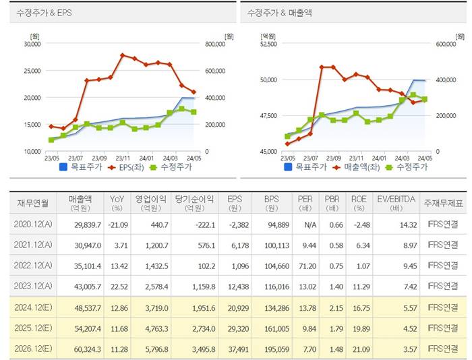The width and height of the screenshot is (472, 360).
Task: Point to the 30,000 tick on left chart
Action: [x=32, y=44]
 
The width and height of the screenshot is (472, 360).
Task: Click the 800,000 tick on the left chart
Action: [x=218, y=44]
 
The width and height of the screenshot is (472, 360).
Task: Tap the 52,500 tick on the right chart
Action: [x=268, y=44]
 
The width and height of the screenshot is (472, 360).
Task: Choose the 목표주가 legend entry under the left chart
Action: [x=80, y=167]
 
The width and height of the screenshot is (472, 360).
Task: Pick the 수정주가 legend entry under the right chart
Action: [x=409, y=167]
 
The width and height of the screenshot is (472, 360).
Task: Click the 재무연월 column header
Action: [x=33, y=202]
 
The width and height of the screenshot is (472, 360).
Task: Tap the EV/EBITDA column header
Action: [x=393, y=202]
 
